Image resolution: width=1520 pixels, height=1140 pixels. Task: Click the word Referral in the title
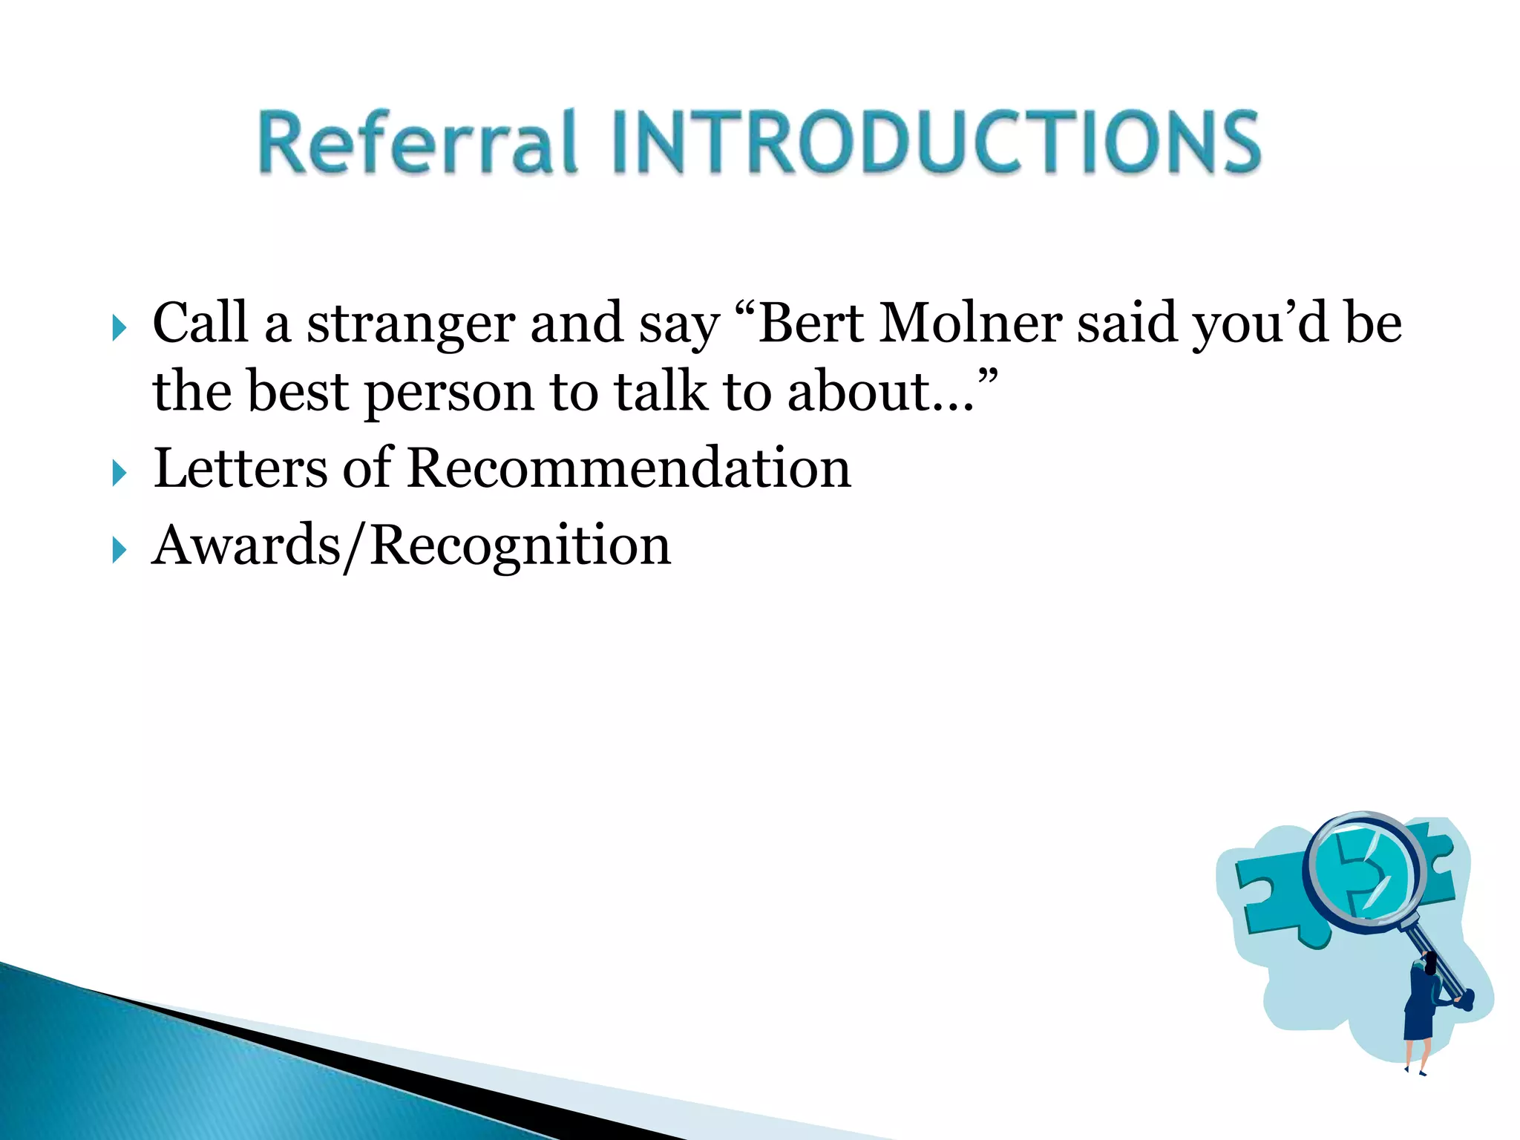pos(417,142)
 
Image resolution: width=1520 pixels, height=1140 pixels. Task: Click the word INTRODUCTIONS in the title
pos(937,142)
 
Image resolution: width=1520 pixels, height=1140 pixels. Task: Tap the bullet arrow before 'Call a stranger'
pos(119,327)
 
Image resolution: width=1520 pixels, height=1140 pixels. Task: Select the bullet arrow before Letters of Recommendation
pos(119,472)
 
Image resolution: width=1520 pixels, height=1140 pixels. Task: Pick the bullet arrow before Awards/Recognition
pos(119,550)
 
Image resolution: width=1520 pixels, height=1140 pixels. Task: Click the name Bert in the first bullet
pos(810,324)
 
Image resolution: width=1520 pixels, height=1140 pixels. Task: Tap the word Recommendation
pos(629,469)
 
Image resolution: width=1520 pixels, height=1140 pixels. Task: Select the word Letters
pos(240,469)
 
